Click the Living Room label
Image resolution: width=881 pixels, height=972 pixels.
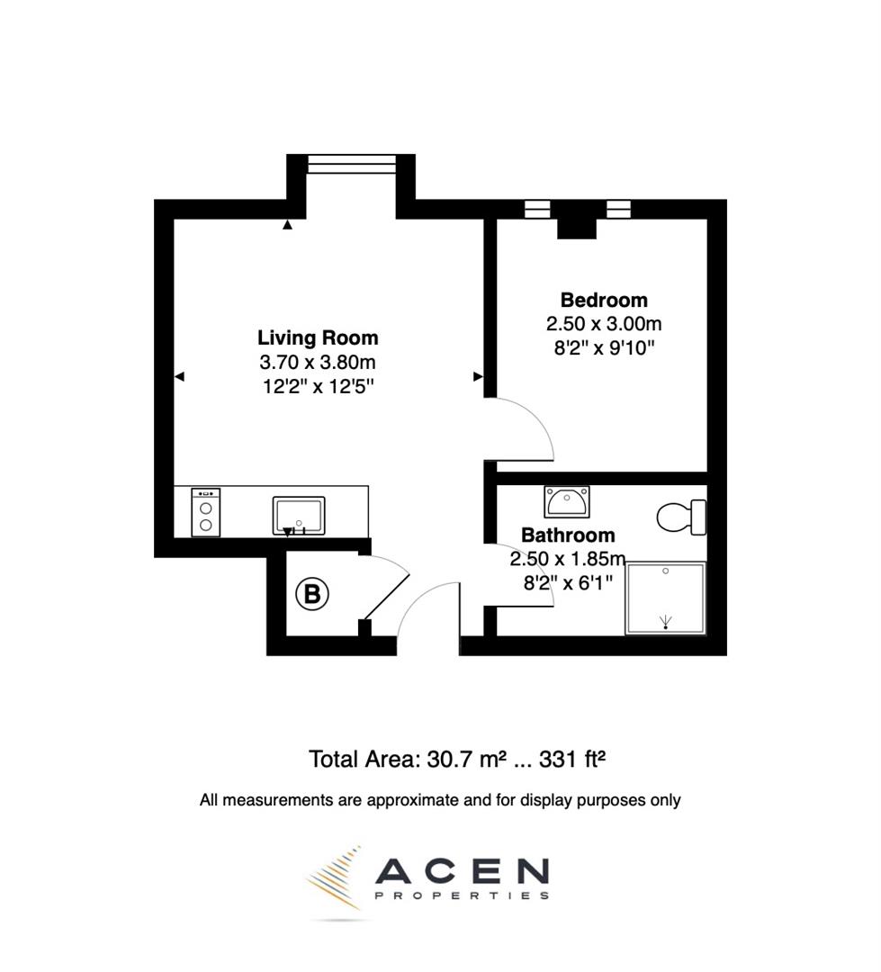tap(318, 338)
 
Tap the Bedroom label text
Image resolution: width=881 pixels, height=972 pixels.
tap(603, 300)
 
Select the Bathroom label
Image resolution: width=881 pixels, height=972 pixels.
tap(568, 535)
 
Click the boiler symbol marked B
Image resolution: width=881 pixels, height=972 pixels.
tap(312, 594)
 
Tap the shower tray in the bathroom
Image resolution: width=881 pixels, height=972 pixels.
tap(665, 597)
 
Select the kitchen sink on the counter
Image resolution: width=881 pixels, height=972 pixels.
tap(298, 515)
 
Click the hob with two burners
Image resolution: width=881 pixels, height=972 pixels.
tap(206, 512)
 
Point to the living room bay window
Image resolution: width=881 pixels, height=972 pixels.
tap(351, 163)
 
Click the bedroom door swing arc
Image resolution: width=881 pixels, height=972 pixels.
tap(531, 427)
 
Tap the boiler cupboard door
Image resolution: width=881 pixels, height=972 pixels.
tap(386, 595)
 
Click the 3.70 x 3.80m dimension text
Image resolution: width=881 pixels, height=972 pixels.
tap(318, 363)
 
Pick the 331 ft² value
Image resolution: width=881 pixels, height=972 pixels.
tap(572, 759)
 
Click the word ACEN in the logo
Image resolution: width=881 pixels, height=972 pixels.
tap(461, 870)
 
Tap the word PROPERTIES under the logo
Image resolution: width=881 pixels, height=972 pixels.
tap(461, 895)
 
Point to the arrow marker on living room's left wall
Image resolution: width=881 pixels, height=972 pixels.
tap(179, 377)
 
